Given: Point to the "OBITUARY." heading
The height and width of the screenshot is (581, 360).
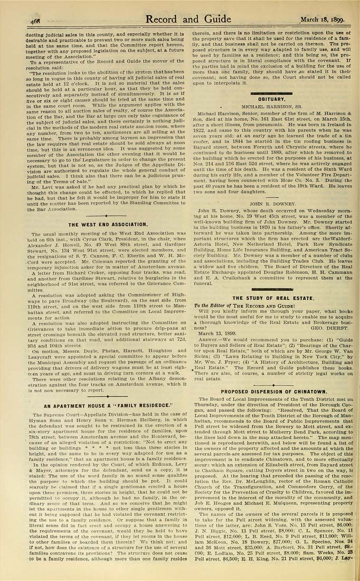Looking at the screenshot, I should (271, 99).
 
